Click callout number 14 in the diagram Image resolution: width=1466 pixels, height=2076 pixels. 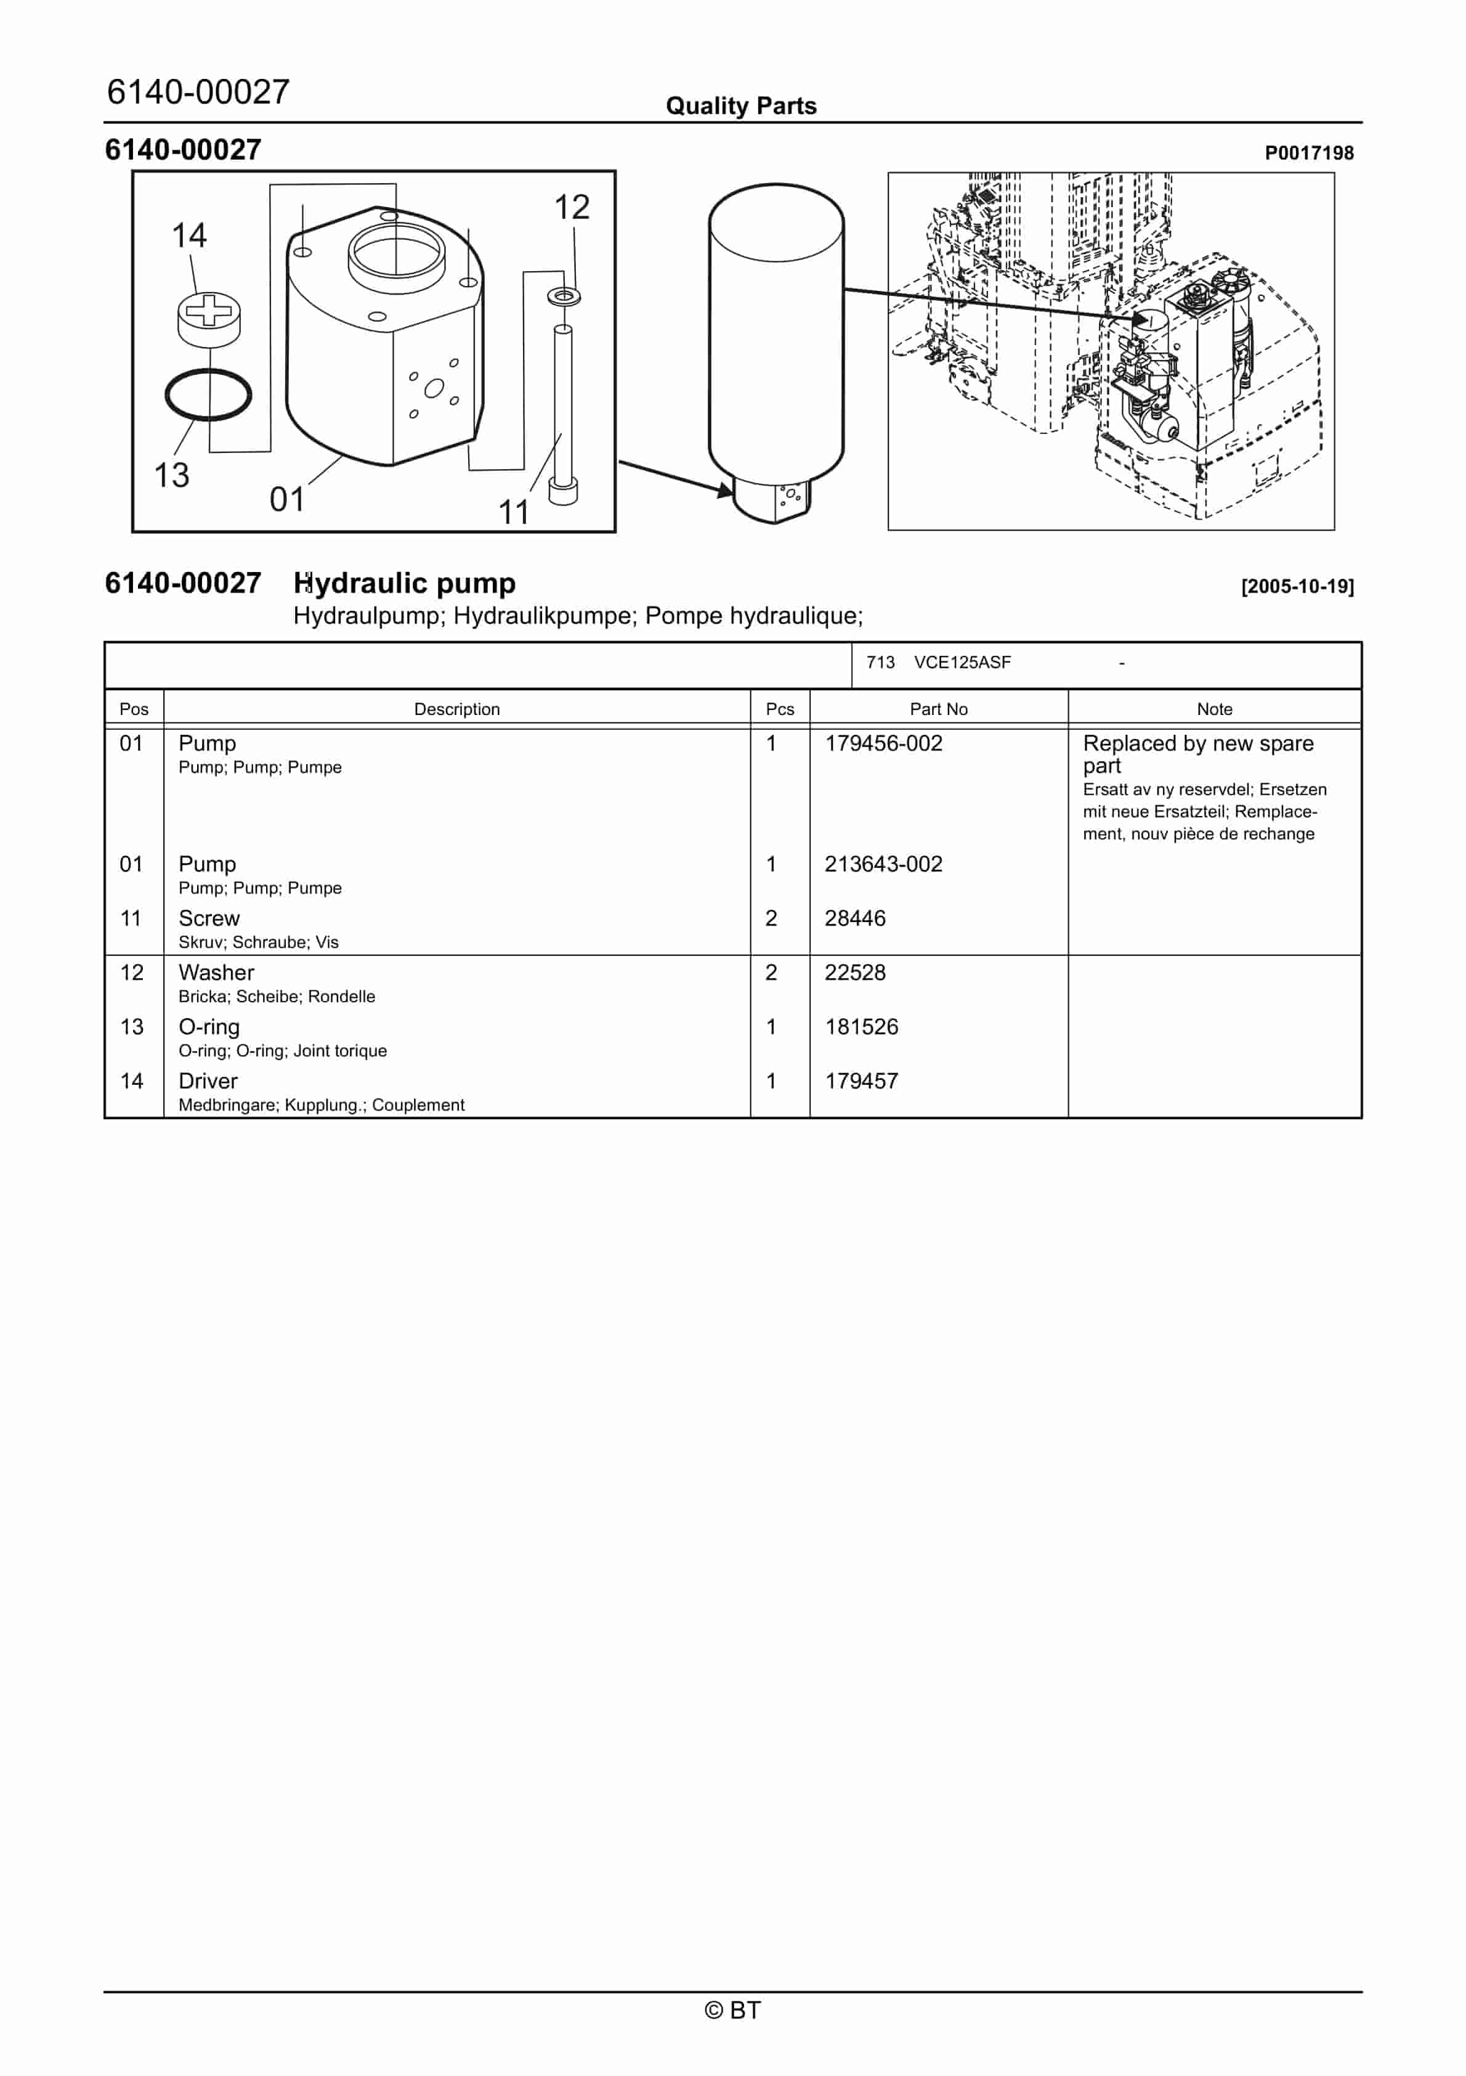click(190, 236)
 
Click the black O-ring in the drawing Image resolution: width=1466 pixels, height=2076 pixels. click(208, 395)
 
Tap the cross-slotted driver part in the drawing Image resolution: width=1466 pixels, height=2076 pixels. click(209, 317)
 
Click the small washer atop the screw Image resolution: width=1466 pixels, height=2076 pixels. click(565, 296)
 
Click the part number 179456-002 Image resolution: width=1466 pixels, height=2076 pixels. click(883, 743)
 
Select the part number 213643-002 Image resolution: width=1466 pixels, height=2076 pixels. click(883, 864)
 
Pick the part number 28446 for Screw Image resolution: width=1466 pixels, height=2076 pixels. click(854, 918)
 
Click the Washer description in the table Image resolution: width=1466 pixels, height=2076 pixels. click(216, 973)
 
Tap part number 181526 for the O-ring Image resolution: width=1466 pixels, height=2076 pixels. click(861, 1027)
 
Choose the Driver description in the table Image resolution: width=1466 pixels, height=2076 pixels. click(208, 1081)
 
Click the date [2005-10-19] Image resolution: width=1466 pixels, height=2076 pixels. click(1297, 587)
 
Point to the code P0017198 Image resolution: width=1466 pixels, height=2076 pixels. click(1308, 153)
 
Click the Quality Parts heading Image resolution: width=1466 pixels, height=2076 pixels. click(741, 107)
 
